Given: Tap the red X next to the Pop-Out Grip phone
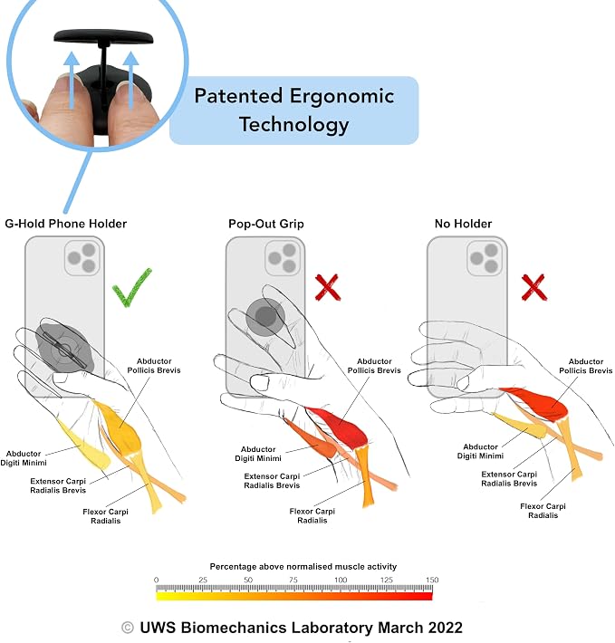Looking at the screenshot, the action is coord(328,287).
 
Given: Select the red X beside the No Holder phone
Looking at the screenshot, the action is coord(533,287).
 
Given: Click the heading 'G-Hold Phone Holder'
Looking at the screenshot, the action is coord(65,224).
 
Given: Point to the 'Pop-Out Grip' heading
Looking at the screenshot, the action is coord(266,224).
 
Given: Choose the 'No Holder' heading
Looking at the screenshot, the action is coord(464,224).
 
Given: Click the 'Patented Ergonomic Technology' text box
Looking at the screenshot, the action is coord(294,110).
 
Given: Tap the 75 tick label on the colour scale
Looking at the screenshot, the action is coord(293,580).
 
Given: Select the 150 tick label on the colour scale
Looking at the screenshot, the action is coord(432,580).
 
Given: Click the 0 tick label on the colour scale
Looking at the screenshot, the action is coord(156,580).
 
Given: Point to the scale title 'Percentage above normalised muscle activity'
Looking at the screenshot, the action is coord(303,566).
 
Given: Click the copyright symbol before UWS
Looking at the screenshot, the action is coord(128,628).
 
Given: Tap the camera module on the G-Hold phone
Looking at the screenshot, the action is coord(82,258).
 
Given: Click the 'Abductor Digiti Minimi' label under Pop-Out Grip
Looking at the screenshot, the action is coord(258,454).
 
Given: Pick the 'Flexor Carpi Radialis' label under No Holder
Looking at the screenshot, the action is coord(543,511).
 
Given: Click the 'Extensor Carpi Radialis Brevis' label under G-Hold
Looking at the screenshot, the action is coord(58,485).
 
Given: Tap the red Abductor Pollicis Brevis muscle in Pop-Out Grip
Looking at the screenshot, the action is coord(339,427).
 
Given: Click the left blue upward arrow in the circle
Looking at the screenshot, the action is coord(72,79).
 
